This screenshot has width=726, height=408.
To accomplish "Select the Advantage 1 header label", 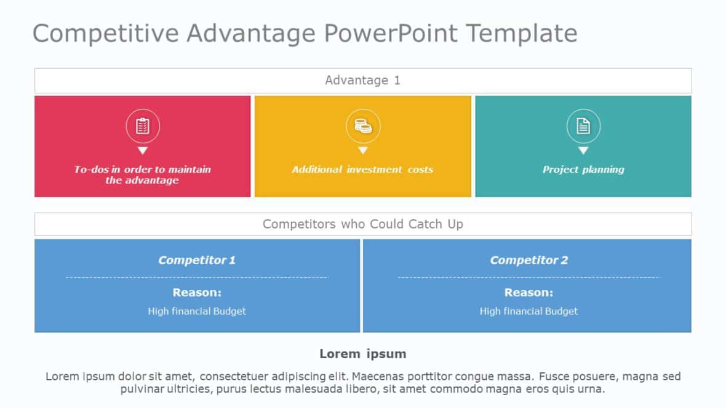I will (x=362, y=80).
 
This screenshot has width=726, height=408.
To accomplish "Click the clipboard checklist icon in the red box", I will (x=143, y=127).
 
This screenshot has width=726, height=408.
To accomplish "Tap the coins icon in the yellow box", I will (x=363, y=127).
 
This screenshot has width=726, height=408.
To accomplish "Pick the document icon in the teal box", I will (x=583, y=127).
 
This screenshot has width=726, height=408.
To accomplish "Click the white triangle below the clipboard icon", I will (x=143, y=151).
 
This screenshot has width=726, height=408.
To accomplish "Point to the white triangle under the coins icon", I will (x=363, y=151).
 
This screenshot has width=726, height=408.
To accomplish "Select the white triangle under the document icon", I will (x=583, y=151).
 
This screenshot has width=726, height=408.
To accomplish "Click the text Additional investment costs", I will (x=362, y=170).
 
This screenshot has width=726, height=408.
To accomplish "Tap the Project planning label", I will (x=583, y=170).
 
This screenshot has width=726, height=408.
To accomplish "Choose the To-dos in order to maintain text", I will (x=143, y=170).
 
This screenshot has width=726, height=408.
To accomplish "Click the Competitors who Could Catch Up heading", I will (x=362, y=224).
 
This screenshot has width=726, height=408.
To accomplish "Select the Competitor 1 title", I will (x=197, y=260).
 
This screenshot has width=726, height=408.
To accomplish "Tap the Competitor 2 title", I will (x=529, y=260).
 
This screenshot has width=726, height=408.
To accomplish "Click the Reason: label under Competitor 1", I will (x=197, y=292).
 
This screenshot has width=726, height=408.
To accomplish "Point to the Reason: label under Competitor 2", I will (x=529, y=292).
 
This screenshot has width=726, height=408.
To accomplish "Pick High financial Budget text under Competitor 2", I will (x=529, y=312).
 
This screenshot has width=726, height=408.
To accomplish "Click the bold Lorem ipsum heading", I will (x=362, y=354).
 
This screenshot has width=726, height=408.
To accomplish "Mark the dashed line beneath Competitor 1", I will (x=197, y=277).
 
